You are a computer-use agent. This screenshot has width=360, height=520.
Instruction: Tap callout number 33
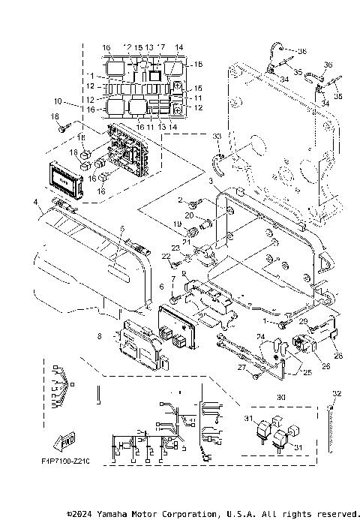[217, 137]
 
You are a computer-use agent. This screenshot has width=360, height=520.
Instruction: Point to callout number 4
[35, 202]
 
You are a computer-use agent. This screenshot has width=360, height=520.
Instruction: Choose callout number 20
[190, 215]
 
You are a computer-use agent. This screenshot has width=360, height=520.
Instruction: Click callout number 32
[337, 393]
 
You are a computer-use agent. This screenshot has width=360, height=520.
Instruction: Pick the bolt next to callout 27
[257, 372]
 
